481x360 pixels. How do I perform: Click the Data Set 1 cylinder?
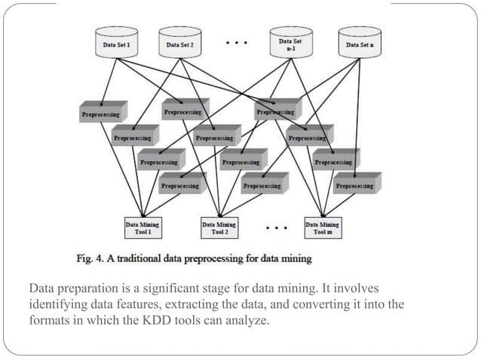(x=116, y=44)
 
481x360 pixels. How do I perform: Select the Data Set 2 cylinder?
(x=179, y=44)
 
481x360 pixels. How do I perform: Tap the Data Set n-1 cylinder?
(x=290, y=44)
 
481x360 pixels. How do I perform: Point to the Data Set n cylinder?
(x=359, y=44)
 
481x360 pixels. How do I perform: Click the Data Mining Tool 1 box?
(x=142, y=227)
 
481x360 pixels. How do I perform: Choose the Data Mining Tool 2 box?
(x=219, y=227)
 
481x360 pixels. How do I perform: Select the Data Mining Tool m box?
(x=322, y=227)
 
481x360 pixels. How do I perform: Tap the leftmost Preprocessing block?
(x=100, y=114)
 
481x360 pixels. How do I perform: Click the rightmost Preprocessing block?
(x=356, y=185)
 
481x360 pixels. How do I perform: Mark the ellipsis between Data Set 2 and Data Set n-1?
(x=236, y=43)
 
